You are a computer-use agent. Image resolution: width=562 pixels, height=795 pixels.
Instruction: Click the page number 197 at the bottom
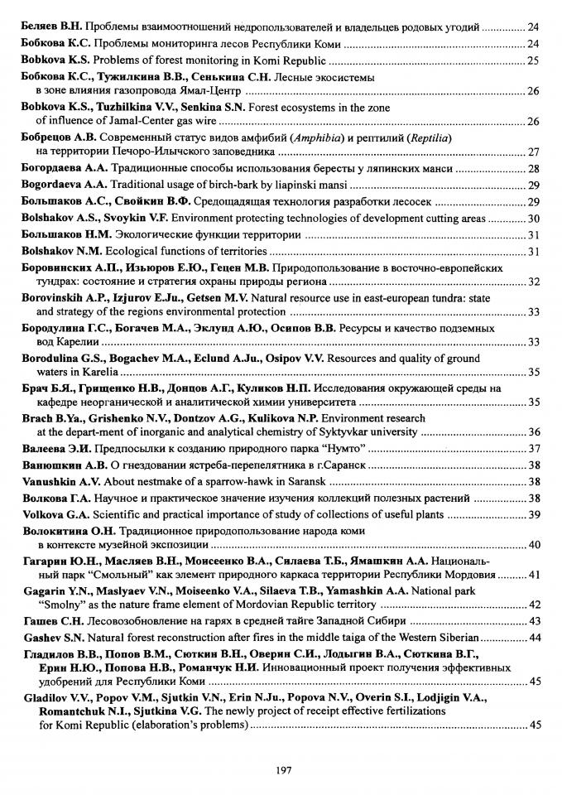(281, 769)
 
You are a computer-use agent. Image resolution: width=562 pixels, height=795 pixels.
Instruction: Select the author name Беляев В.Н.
(50, 27)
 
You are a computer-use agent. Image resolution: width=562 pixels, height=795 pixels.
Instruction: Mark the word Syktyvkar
(352, 431)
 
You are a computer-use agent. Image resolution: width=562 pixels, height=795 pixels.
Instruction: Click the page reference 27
(534, 152)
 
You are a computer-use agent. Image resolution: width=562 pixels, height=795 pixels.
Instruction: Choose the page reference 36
(534, 432)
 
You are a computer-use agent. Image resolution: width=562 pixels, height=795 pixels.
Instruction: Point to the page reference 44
(534, 638)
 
